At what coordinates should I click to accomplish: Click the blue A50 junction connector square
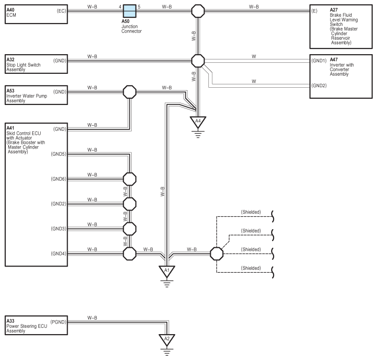130,11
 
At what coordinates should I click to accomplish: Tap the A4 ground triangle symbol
198,122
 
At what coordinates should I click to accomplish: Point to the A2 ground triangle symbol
167,339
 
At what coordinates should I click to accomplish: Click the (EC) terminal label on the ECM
61,11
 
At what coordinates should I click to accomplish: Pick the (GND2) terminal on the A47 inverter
319,85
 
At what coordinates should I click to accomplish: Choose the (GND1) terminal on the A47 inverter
319,61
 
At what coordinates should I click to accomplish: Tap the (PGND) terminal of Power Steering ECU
58,322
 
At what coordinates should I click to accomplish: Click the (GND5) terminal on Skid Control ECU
58,154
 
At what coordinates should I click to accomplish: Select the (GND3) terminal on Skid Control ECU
58,229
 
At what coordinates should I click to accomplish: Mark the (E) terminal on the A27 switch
314,11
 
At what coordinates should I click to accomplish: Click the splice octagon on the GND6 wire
130,179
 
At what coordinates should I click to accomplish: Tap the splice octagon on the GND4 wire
130,254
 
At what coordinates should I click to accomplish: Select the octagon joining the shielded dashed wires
217,254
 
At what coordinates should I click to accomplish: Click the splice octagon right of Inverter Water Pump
130,92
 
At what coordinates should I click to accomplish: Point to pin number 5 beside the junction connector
139,7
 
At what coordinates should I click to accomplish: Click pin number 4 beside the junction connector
120,7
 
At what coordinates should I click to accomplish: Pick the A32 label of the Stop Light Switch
11,59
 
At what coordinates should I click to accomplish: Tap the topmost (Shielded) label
251,212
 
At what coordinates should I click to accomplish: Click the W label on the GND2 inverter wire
254,81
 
